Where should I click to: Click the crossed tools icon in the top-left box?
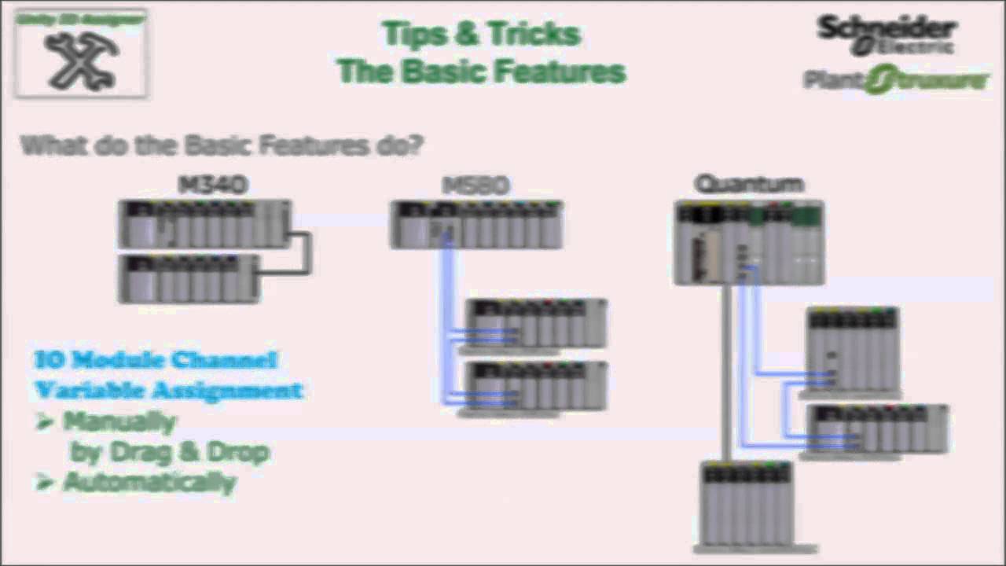81,60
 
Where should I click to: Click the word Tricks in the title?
534,35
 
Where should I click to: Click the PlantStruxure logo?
896,80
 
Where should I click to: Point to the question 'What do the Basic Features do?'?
222,145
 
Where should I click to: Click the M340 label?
214,186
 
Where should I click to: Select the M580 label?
476,186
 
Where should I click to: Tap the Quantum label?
749,185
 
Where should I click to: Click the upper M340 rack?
204,225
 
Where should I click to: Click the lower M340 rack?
189,278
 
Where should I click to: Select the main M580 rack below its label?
476,225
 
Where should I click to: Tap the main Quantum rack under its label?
749,243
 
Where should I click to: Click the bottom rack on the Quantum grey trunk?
747,504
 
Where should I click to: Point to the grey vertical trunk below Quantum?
727,369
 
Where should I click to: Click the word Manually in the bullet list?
119,422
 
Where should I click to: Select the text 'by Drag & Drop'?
170,453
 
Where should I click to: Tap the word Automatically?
149,482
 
